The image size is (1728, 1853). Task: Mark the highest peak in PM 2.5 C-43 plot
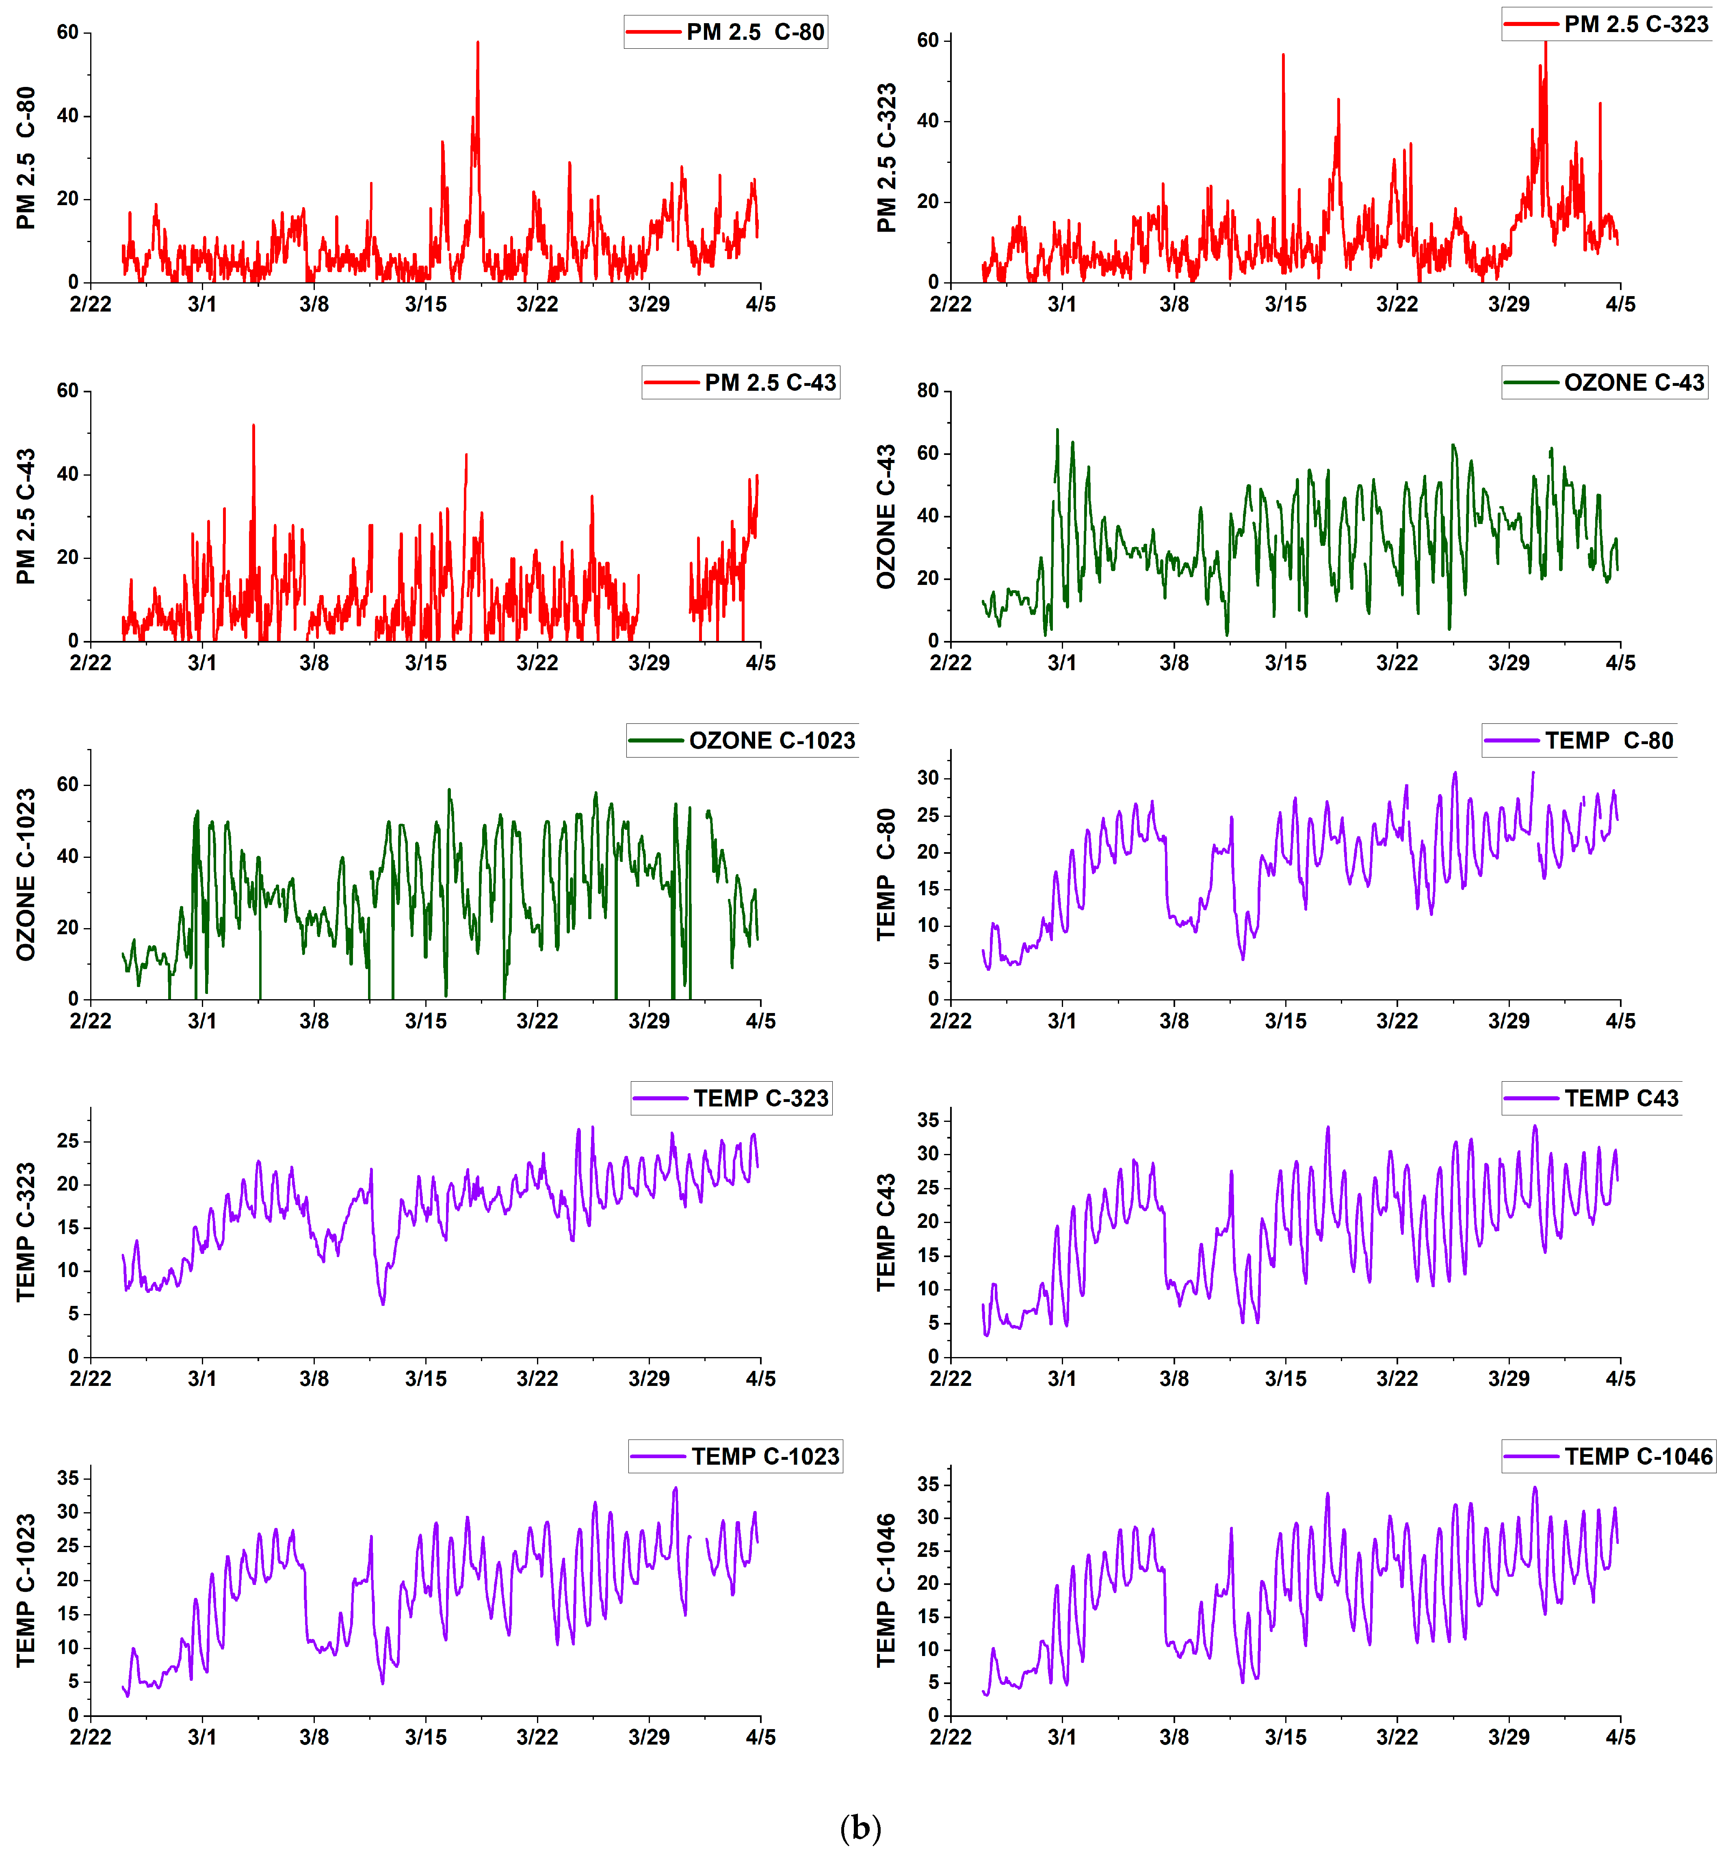tap(253, 426)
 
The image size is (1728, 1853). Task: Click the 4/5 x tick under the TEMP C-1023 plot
tap(760, 1737)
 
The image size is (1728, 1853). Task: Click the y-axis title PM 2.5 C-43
tap(26, 516)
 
